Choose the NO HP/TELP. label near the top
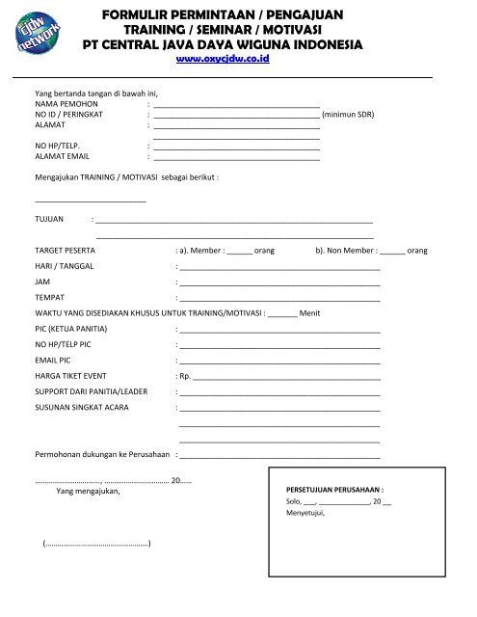click(x=57, y=146)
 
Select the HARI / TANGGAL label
click(x=65, y=266)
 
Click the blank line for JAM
click(x=279, y=282)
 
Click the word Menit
click(x=310, y=313)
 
